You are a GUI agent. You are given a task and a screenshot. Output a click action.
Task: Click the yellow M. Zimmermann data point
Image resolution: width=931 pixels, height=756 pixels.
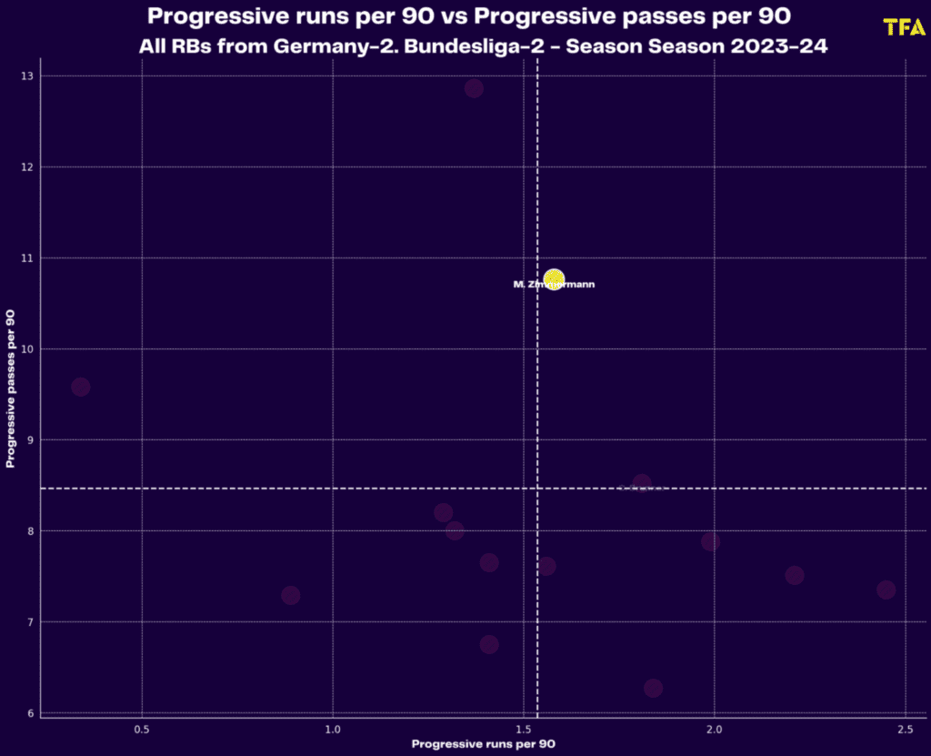click(554, 278)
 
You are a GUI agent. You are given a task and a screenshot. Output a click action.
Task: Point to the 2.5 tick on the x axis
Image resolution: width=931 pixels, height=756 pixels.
click(905, 730)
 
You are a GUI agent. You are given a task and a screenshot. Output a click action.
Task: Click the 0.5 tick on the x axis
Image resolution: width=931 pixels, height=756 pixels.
click(142, 730)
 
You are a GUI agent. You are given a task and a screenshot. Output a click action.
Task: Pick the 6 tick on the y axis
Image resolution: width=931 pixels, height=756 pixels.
click(32, 713)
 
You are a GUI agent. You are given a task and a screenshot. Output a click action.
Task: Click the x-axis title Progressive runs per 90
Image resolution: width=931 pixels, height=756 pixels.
click(483, 744)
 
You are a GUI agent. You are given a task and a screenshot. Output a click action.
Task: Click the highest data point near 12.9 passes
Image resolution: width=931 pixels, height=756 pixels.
click(474, 88)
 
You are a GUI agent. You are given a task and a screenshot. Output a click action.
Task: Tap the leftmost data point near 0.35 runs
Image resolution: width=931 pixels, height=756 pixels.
click(81, 387)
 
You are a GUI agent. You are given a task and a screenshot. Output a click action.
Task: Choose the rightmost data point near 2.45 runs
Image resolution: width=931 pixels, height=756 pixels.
click(886, 590)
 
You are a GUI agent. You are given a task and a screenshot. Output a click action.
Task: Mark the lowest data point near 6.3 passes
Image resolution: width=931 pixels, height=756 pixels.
click(653, 688)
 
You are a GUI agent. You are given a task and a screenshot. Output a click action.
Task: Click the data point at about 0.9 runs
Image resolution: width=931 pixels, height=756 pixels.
click(291, 595)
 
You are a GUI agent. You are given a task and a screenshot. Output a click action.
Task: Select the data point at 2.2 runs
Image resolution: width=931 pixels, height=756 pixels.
click(794, 575)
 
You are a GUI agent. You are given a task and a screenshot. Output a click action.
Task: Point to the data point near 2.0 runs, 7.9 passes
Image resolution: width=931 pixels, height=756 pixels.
click(710, 541)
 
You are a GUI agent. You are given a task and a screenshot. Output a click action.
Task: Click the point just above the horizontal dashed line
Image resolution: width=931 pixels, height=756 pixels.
click(642, 483)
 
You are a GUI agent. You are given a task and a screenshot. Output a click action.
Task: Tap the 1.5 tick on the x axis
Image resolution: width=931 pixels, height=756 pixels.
click(524, 730)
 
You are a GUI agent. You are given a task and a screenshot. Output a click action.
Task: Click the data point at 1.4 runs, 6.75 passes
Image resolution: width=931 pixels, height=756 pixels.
click(489, 644)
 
